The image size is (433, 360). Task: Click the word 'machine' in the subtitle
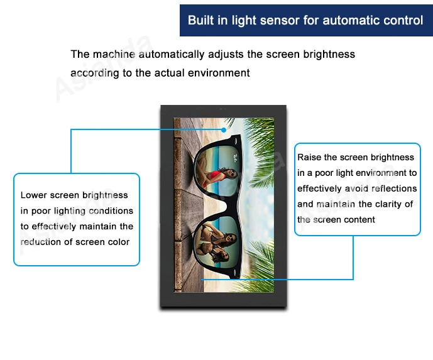pos(114,54)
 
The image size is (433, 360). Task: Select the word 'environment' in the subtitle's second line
pos(219,73)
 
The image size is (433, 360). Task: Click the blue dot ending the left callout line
pos(224,130)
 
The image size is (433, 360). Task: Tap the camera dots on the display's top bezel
pos(223,109)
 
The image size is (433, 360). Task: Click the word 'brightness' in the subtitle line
pos(329,54)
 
